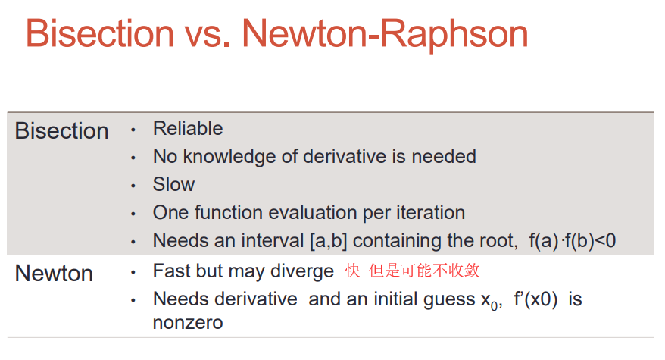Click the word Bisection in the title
(x=100, y=33)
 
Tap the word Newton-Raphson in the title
(x=385, y=35)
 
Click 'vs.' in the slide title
(x=208, y=37)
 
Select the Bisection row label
(x=62, y=131)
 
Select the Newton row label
(x=54, y=273)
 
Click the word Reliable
(x=188, y=128)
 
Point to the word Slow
(x=174, y=184)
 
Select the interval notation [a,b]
(x=329, y=241)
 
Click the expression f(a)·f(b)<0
(x=572, y=241)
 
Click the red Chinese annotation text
(x=412, y=271)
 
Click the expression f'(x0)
(x=535, y=299)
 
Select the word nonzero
(x=188, y=324)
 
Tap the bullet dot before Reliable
(x=133, y=130)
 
